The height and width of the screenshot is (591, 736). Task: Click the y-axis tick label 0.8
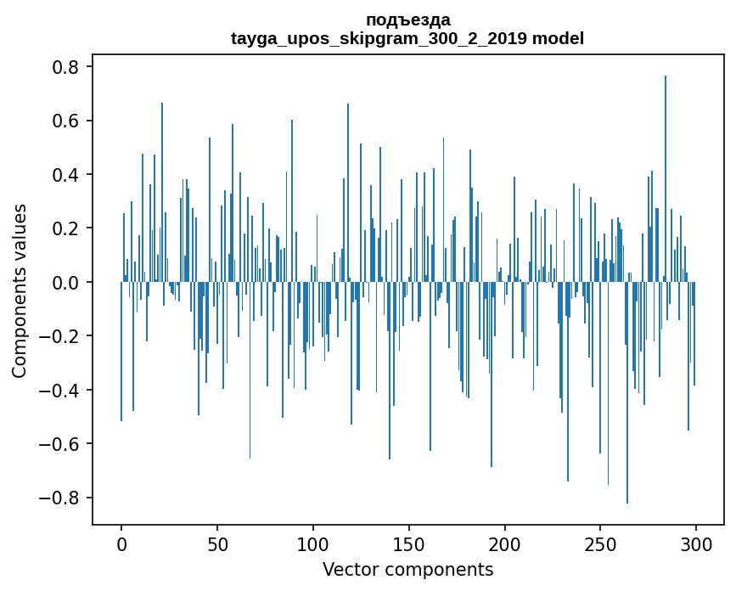(x=68, y=67)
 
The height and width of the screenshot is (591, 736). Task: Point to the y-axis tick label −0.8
(x=62, y=498)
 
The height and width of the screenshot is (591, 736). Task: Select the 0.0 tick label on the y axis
(x=68, y=283)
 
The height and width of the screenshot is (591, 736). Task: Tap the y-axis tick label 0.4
(x=68, y=175)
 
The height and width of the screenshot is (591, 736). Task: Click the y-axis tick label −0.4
(x=62, y=391)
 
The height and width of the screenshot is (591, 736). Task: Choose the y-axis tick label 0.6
(x=68, y=121)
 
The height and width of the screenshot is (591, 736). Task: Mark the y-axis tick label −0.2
(x=62, y=336)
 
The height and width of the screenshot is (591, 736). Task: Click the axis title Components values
(x=20, y=290)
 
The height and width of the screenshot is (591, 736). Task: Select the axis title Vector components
(x=407, y=569)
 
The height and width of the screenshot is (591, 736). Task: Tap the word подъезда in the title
(x=407, y=20)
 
